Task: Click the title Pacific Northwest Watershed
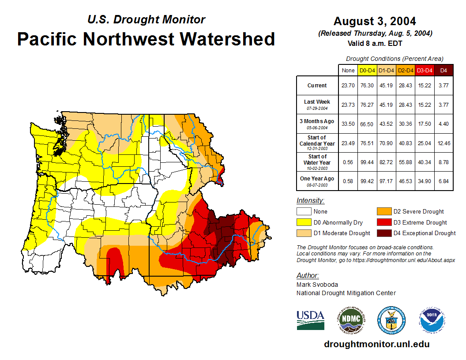pyautogui.click(x=146, y=39)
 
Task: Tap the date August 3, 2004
pyautogui.click(x=375, y=21)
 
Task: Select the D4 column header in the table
pyautogui.click(x=443, y=70)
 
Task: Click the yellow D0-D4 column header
pyautogui.click(x=367, y=70)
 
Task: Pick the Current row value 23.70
pyautogui.click(x=348, y=86)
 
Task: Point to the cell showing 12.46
pyautogui.click(x=443, y=143)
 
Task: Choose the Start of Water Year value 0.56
pyautogui.click(x=348, y=162)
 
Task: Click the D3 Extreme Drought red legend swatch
pyautogui.click(x=383, y=222)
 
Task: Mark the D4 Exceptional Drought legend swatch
pyautogui.click(x=383, y=233)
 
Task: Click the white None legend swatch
pyautogui.click(x=304, y=212)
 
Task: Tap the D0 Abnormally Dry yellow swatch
pyautogui.click(x=304, y=222)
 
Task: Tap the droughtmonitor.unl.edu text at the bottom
pyautogui.click(x=376, y=344)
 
